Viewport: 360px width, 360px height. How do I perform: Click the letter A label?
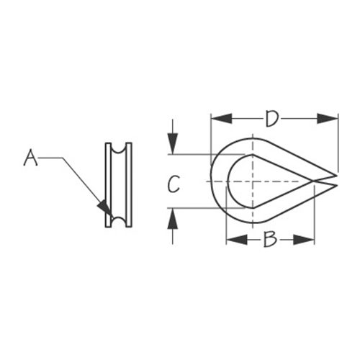[x=30, y=158]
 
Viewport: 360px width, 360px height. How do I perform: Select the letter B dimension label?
[x=270, y=239]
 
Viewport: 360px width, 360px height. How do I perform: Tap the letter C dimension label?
[x=174, y=184]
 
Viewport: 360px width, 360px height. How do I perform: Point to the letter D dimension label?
[x=272, y=118]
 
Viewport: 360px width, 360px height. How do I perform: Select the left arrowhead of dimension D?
[x=221, y=119]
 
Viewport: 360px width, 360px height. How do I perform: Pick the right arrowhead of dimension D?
[x=328, y=119]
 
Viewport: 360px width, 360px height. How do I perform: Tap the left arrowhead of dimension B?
[x=237, y=240]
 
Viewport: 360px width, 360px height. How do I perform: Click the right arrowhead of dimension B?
[x=304, y=240]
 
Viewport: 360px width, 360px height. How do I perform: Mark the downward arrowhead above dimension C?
[x=173, y=143]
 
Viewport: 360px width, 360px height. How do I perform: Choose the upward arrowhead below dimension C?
[x=173, y=219]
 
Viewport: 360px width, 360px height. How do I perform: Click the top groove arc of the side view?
[x=119, y=150]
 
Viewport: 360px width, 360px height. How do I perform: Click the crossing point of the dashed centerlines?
[x=253, y=181]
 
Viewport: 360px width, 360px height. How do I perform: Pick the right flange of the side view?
[x=129, y=185]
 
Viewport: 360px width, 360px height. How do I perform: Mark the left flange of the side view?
[x=109, y=185]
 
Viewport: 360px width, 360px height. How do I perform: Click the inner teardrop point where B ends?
[x=313, y=181]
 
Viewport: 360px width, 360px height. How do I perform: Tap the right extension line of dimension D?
[x=338, y=143]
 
